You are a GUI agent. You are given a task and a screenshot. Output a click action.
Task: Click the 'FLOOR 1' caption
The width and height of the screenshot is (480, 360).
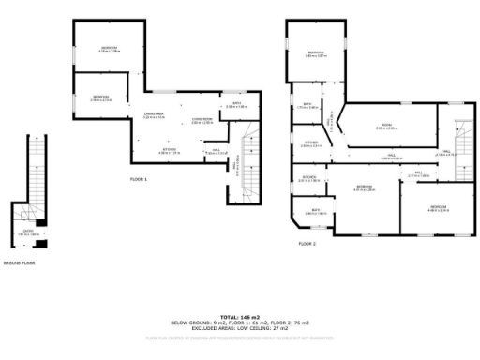pos(139,177)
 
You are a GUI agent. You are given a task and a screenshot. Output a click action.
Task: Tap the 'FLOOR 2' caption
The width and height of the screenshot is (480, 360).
pos(307,243)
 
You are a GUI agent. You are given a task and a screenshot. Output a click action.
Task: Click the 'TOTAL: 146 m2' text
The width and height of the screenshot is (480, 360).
pos(240,318)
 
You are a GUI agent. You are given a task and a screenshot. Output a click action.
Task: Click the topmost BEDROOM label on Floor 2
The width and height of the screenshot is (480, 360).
pos(315,52)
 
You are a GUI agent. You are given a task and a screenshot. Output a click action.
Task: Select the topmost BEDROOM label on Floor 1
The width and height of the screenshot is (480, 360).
pos(110,48)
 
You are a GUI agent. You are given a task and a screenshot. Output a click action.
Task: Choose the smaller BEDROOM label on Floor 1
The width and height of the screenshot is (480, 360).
pos(100,97)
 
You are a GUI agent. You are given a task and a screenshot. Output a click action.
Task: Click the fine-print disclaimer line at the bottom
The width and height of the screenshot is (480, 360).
pos(240,339)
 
